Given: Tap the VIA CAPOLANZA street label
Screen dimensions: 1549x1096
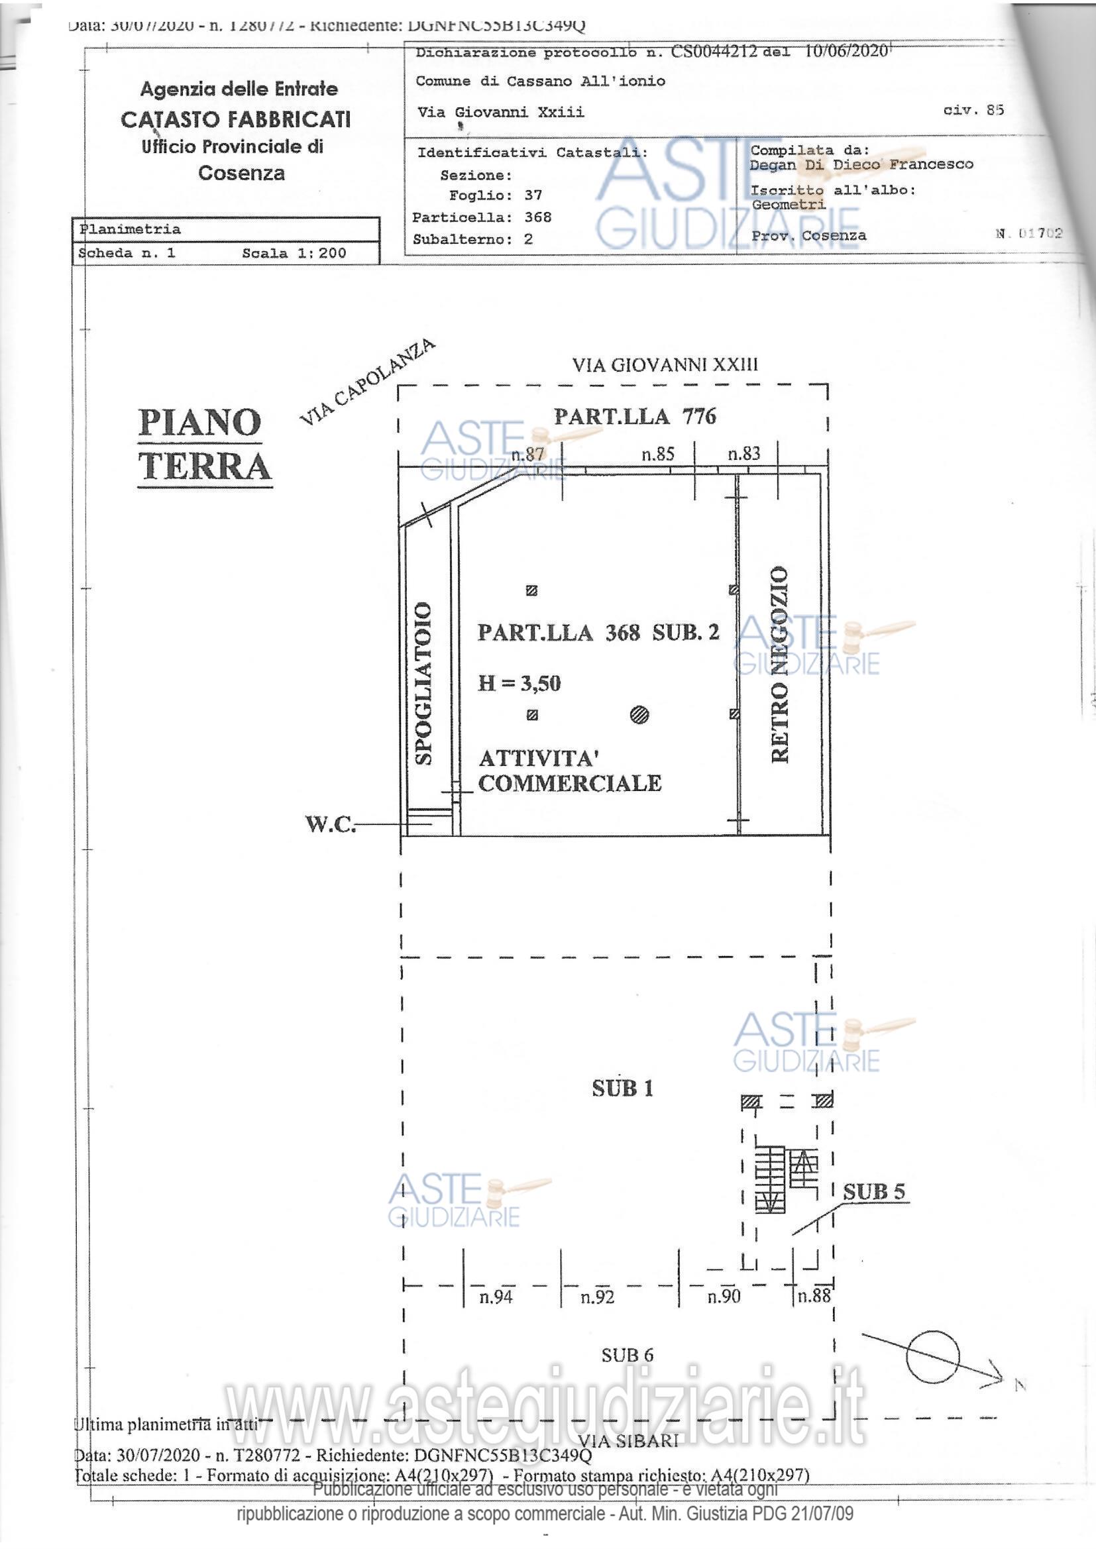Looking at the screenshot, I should [367, 382].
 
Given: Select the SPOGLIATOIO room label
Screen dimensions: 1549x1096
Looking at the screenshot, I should [423, 683].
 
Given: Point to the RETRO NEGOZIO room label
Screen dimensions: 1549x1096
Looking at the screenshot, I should [779, 664].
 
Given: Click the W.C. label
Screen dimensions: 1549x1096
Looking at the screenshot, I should [330, 824].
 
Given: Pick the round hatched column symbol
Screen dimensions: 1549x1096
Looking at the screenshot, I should [639, 714].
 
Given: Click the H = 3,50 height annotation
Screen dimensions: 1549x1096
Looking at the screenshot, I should [519, 684].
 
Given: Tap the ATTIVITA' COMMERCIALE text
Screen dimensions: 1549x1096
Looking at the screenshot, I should [569, 771].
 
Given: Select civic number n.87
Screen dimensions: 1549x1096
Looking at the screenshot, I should [527, 454].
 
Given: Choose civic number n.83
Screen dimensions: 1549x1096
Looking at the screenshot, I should [743, 453].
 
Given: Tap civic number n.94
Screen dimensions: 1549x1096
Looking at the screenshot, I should [496, 1297].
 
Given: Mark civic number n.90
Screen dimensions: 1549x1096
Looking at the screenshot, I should [724, 1296].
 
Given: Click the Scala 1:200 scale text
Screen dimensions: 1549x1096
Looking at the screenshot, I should [294, 253].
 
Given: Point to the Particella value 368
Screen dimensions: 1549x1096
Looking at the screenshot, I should [538, 217].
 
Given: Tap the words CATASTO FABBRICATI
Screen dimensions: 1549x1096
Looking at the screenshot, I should [235, 119].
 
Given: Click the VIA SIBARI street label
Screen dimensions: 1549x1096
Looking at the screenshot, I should [628, 1440].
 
